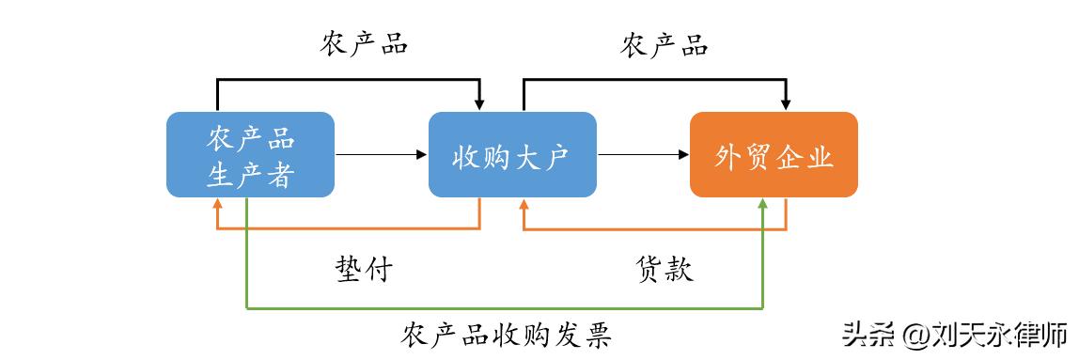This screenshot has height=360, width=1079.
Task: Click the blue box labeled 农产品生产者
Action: click(250, 154)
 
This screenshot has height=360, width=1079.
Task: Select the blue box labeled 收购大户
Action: click(512, 154)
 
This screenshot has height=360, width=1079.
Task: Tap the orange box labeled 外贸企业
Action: click(774, 154)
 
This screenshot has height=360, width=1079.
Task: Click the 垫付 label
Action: click(363, 270)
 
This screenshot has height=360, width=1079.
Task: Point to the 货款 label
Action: click(664, 270)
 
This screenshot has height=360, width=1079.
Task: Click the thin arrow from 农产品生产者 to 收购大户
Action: click(381, 154)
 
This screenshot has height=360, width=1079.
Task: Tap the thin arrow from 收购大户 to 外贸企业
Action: click(643, 154)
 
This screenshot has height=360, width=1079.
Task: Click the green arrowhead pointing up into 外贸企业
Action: click(762, 205)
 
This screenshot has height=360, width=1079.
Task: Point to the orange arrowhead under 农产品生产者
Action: click(218, 204)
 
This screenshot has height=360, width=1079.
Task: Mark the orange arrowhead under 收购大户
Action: click(524, 204)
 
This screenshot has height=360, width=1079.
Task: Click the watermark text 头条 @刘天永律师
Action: click(955, 334)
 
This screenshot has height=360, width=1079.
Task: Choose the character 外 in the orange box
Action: click(729, 155)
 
